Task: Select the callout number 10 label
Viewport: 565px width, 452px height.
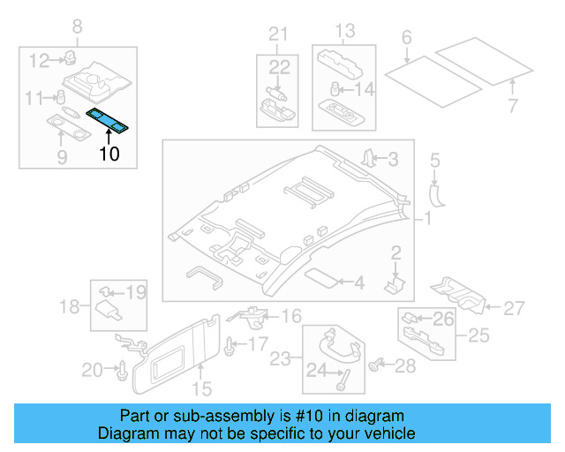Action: (109, 154)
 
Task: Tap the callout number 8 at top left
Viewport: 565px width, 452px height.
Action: (76, 26)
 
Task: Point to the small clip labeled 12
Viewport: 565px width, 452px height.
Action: (66, 59)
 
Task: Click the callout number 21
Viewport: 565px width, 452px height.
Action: (279, 34)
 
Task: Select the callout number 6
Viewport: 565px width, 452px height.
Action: (406, 37)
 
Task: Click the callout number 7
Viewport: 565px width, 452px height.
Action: (513, 107)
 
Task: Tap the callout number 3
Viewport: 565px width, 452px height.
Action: (394, 159)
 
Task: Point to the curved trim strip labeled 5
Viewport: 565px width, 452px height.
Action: (436, 193)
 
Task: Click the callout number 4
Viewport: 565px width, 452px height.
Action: (358, 283)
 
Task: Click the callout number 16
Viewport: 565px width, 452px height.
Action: (290, 315)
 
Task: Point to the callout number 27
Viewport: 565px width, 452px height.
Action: (515, 308)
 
